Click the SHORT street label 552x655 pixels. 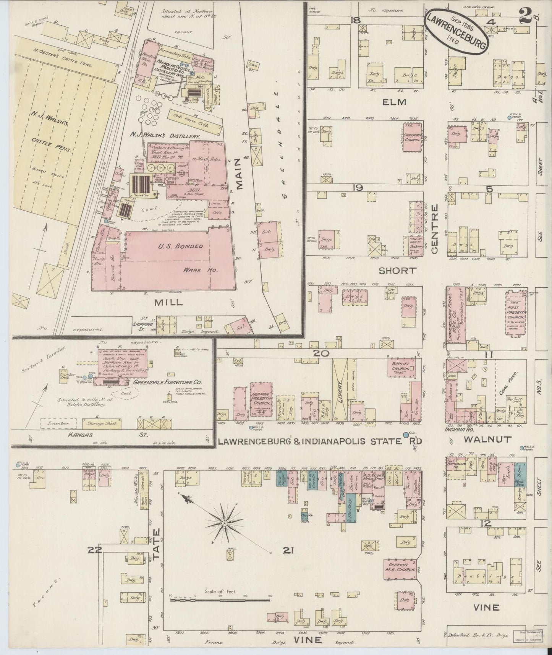(397, 271)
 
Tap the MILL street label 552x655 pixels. (168, 302)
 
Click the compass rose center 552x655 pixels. (225, 522)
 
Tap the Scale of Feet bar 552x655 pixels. (220, 611)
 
